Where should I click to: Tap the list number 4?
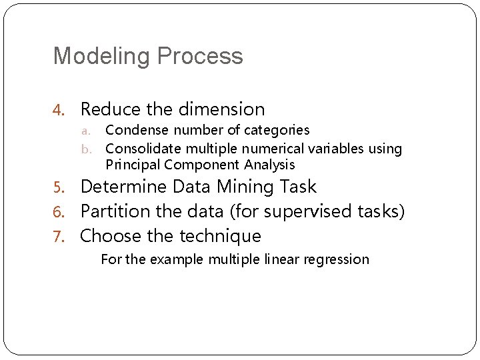[59, 109]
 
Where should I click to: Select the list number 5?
[59, 187]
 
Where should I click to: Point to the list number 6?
[59, 212]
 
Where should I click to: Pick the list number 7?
[59, 237]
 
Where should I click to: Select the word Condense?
[133, 130]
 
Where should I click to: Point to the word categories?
[277, 130]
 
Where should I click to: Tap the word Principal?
[133, 165]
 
